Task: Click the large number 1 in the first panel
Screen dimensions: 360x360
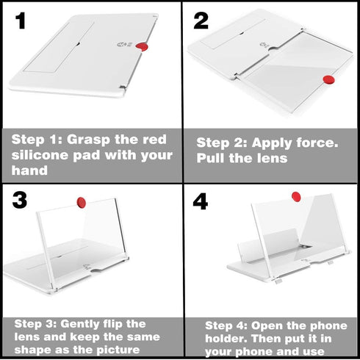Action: pyautogui.click(x=21, y=21)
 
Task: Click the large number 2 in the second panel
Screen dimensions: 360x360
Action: pyautogui.click(x=201, y=21)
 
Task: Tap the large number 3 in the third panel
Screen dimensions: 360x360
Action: pyautogui.click(x=20, y=200)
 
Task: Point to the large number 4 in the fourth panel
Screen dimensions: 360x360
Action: pyautogui.click(x=201, y=201)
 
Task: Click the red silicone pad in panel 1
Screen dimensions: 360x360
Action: pyautogui.click(x=142, y=47)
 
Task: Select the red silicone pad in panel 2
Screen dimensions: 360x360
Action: pyautogui.click(x=329, y=80)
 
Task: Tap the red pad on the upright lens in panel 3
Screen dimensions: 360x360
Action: pyautogui.click(x=82, y=203)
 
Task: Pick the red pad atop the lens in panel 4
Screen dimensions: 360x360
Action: pyautogui.click(x=296, y=197)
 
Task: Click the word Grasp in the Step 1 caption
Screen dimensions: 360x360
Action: pyautogui.click(x=89, y=140)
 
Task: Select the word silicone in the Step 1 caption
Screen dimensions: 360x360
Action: pyautogui.click(x=40, y=155)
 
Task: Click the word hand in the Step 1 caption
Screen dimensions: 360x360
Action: pyautogui.click(x=29, y=170)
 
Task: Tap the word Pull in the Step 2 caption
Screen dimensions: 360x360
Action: pyautogui.click(x=211, y=158)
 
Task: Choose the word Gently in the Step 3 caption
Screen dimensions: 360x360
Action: pyautogui.click(x=80, y=325)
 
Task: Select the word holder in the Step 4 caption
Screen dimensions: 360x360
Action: pyautogui.click(x=226, y=339)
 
